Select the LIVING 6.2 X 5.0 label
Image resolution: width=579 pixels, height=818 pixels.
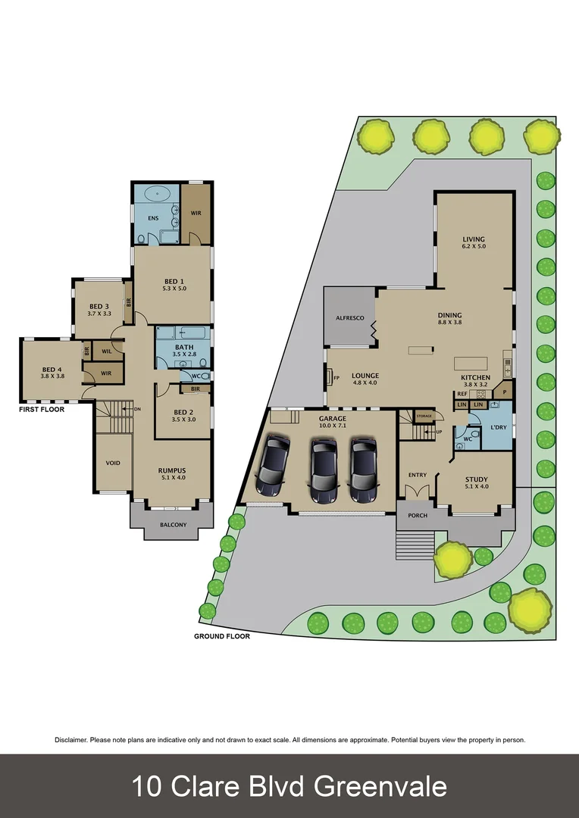pyautogui.click(x=474, y=242)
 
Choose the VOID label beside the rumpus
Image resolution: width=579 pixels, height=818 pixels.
pyautogui.click(x=112, y=463)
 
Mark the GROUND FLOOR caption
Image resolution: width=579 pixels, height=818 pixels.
pyautogui.click(x=221, y=636)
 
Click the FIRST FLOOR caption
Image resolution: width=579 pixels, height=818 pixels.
pyautogui.click(x=42, y=408)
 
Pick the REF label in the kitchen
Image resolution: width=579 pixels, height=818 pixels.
pyautogui.click(x=461, y=394)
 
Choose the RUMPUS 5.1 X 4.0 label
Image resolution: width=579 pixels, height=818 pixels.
pyautogui.click(x=171, y=474)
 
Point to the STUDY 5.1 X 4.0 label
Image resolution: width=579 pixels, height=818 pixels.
pyautogui.click(x=476, y=482)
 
